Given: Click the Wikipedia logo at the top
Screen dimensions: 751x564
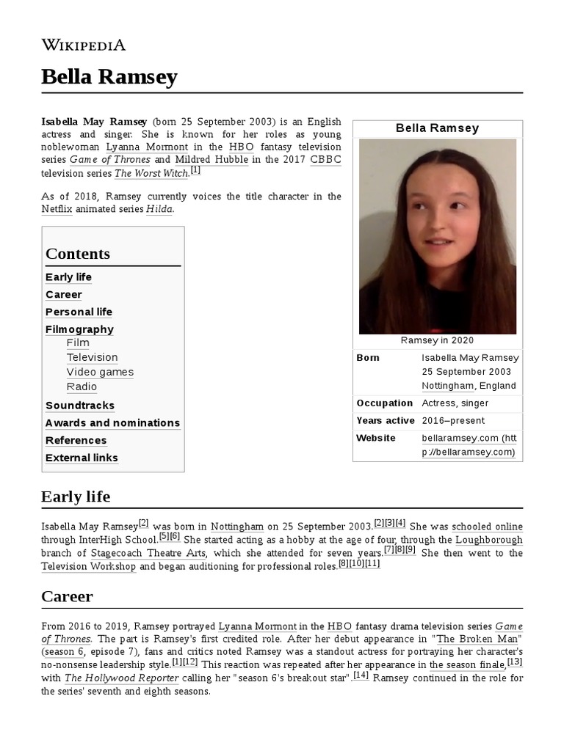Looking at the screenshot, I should pyautogui.click(x=84, y=45).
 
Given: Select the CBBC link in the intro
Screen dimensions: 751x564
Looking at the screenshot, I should pyautogui.click(x=325, y=160).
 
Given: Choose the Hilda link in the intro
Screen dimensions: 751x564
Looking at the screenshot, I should pyautogui.click(x=159, y=210).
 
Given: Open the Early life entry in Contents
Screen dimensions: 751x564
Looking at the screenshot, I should pyautogui.click(x=68, y=277).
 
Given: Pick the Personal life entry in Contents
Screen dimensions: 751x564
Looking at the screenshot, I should pyautogui.click(x=79, y=312).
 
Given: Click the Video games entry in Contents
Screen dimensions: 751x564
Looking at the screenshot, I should pyautogui.click(x=100, y=373).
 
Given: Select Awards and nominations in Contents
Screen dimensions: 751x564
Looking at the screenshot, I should pyautogui.click(x=112, y=423).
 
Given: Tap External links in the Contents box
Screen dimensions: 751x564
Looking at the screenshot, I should pyautogui.click(x=82, y=458).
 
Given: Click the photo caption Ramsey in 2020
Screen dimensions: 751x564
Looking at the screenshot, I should pyautogui.click(x=437, y=340).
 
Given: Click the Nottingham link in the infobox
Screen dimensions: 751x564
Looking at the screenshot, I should pyautogui.click(x=446, y=386).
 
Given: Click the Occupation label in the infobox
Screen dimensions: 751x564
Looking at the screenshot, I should pyautogui.click(x=384, y=403).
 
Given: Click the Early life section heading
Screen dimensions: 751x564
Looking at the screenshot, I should pyautogui.click(x=76, y=497).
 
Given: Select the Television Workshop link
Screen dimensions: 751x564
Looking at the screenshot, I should pyautogui.click(x=88, y=567).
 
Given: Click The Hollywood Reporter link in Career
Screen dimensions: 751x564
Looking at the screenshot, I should pyautogui.click(x=121, y=678).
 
